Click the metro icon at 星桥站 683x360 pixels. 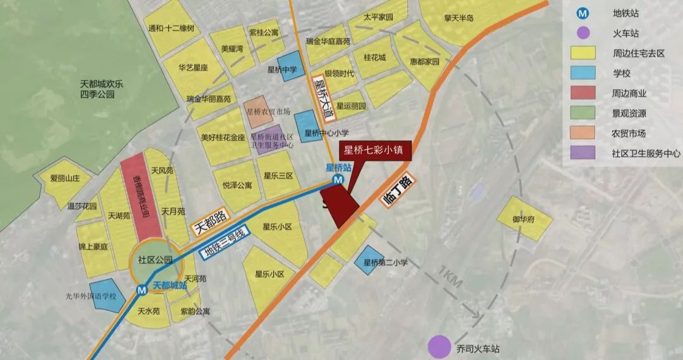338,180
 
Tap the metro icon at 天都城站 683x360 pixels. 143,289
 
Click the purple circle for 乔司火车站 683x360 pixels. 439,346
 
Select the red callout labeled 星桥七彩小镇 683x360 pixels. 376,151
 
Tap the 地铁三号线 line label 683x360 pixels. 226,242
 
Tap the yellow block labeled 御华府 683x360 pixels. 524,219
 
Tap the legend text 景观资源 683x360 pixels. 629,114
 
